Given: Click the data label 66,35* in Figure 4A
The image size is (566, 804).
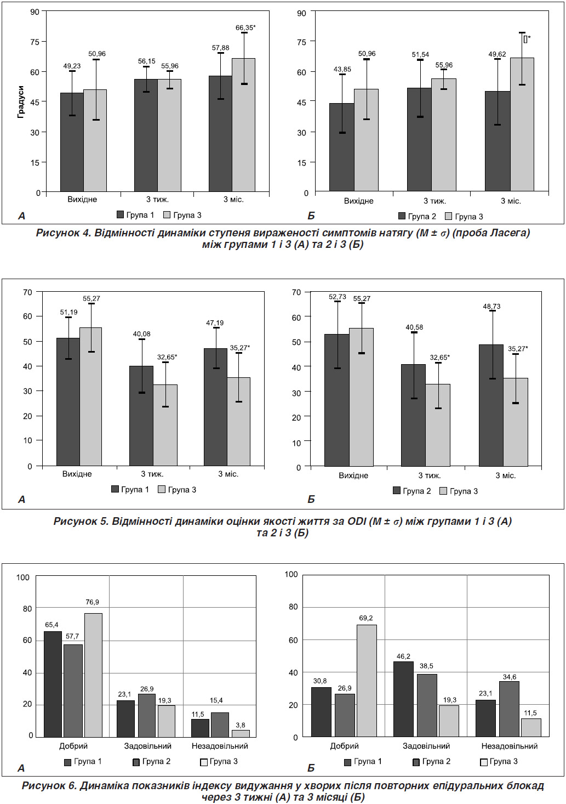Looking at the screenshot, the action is pos(245,27).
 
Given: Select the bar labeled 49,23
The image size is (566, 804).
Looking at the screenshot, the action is pos(72,142).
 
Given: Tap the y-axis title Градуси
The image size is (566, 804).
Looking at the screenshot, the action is pos(21,102).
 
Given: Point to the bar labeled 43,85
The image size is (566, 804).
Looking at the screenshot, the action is pos(342,147).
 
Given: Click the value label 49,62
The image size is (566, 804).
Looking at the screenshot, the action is pos(497,54).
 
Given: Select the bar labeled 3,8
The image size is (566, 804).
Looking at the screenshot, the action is pos(241,734).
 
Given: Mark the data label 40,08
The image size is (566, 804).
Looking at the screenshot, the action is pos(142,334).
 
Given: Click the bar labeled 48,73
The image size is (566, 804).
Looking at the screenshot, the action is pos(491,406).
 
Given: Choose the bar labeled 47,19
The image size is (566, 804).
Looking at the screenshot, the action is pos(215,407).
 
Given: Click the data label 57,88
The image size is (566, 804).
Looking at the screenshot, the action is pos(221,48).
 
